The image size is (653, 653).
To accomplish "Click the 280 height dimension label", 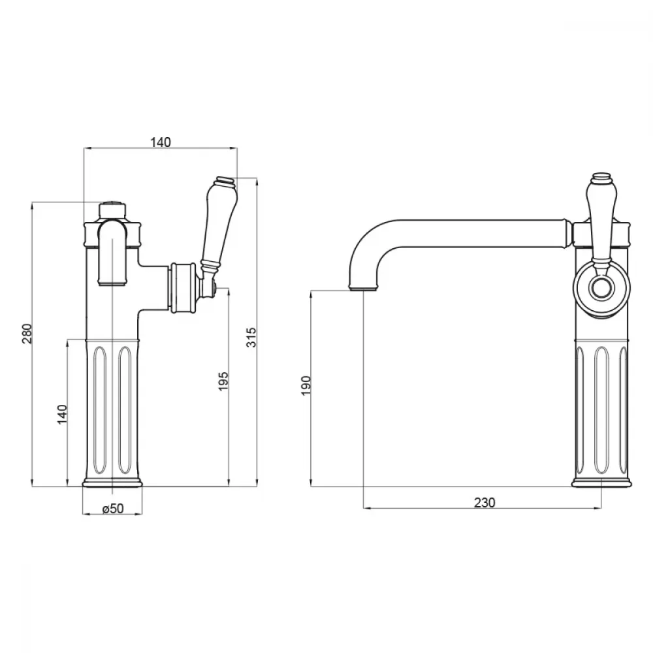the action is [27, 333].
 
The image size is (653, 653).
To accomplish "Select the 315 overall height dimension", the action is [251, 337].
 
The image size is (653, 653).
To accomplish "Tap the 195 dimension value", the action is [223, 381].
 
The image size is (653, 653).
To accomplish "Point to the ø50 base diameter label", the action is [113, 509].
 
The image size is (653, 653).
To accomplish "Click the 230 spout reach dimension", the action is [485, 503].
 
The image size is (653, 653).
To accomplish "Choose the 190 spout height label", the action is [306, 385].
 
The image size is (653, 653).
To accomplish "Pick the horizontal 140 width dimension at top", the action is [161, 142].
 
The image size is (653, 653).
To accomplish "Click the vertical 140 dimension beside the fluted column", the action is [62, 414].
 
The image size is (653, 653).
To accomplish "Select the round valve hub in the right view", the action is [601, 288].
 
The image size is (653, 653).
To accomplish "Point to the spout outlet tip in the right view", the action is [364, 287].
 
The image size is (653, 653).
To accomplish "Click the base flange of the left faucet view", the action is [112, 483].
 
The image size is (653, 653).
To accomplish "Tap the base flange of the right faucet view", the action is [601, 483].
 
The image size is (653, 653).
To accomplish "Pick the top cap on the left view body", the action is [112, 210].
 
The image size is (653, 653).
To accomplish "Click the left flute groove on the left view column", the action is [100, 410].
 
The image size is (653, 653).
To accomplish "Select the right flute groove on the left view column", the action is [125, 410].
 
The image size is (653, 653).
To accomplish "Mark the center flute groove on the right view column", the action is [601, 410].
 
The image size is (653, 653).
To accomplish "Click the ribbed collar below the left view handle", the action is [182, 287].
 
